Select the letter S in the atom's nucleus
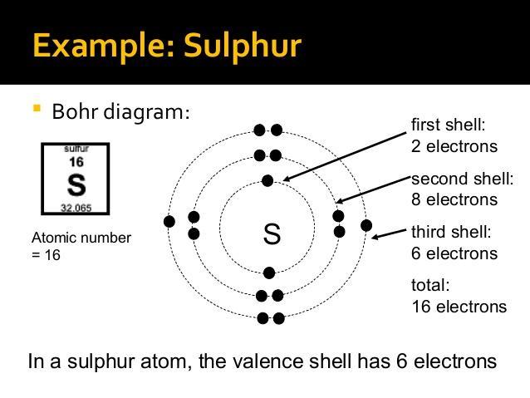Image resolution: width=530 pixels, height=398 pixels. click(272, 234)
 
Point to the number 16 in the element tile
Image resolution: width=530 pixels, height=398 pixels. click(76, 162)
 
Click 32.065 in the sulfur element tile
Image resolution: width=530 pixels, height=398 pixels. click(76, 206)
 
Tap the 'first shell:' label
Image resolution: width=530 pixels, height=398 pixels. click(448, 125)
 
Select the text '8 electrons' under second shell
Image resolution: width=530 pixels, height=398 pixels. click(454, 199)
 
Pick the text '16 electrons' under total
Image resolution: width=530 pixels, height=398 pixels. click(459, 307)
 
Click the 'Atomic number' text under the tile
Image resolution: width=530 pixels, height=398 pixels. click(81, 238)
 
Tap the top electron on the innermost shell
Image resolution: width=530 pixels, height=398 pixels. click(267, 180)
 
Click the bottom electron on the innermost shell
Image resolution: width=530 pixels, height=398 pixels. click(268, 273)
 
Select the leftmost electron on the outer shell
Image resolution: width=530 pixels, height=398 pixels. click(169, 221)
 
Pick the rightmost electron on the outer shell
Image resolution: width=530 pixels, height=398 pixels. click(366, 225)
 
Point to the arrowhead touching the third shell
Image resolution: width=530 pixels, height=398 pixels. click(375, 238)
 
